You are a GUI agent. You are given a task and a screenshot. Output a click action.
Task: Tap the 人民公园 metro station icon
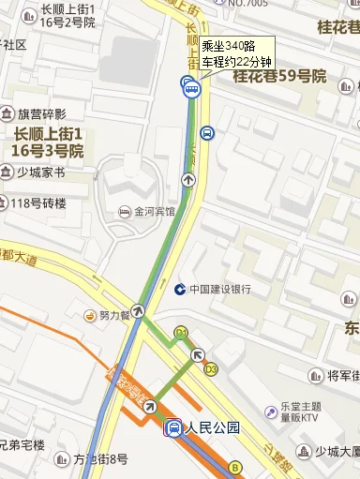(x=173, y=428)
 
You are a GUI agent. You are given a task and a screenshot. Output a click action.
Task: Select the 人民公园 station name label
(x=213, y=428)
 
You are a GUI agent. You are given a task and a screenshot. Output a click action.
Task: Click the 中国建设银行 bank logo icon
(x=179, y=289)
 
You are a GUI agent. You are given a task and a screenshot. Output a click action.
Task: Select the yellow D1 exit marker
(x=181, y=332)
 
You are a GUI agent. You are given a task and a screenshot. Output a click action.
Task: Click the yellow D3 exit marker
(x=211, y=369)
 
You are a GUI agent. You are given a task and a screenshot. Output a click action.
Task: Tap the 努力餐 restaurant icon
(x=92, y=315)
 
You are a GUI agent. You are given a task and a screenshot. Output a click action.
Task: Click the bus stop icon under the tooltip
(x=191, y=89)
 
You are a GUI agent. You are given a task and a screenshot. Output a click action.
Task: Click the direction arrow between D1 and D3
(x=197, y=354)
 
